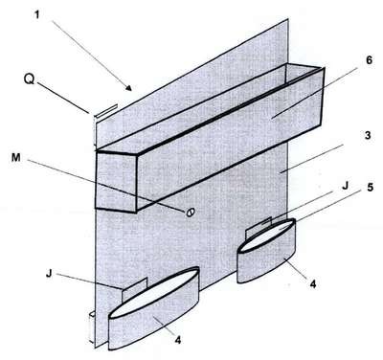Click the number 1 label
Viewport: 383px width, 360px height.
[x=37, y=14]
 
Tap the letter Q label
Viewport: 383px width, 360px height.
[x=29, y=79]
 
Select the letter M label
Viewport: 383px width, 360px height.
[x=16, y=158]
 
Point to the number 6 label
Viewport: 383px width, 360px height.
[x=369, y=60]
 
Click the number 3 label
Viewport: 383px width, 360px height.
[x=368, y=135]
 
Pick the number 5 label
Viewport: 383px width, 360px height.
[x=370, y=188]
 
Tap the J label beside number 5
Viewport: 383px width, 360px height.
[x=345, y=186]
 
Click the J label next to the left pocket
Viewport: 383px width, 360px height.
[x=49, y=274]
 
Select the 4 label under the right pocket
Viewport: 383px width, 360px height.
[x=313, y=283]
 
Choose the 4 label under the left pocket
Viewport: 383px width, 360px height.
[x=178, y=339]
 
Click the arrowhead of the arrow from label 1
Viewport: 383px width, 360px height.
[x=128, y=88]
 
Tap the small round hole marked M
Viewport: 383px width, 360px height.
[x=191, y=212]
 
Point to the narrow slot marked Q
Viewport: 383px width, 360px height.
[x=105, y=111]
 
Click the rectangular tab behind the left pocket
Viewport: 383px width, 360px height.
[x=134, y=289]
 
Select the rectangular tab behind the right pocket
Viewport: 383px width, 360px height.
[x=258, y=227]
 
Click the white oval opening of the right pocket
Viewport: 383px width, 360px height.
[x=266, y=236]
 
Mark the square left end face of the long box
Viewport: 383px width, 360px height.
[x=117, y=181]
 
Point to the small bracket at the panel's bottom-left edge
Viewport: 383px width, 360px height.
[x=92, y=327]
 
